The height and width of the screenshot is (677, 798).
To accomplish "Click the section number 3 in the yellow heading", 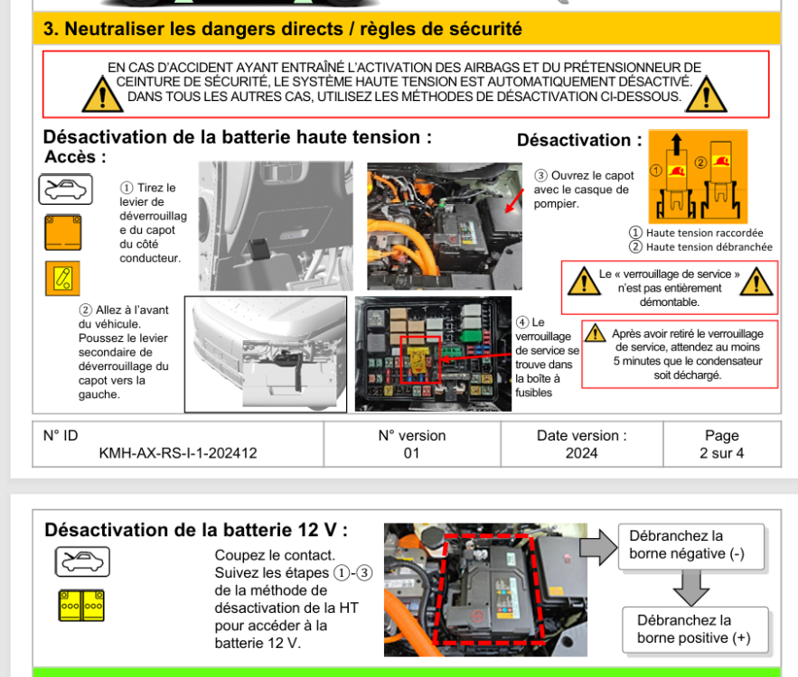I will coord(51,29).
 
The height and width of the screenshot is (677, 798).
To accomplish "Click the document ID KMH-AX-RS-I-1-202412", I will coord(177,453).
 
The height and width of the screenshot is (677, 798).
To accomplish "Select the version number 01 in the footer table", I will coord(411,453).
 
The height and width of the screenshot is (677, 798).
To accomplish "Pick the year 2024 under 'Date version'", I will coord(581,453).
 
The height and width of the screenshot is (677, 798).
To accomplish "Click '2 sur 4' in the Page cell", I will coord(721,453).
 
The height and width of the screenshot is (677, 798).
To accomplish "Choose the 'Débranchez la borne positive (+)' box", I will coord(695,629).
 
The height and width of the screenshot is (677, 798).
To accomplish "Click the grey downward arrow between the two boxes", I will coord(691,588).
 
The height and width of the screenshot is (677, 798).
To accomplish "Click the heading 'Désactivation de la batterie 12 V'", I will coord(196,529).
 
